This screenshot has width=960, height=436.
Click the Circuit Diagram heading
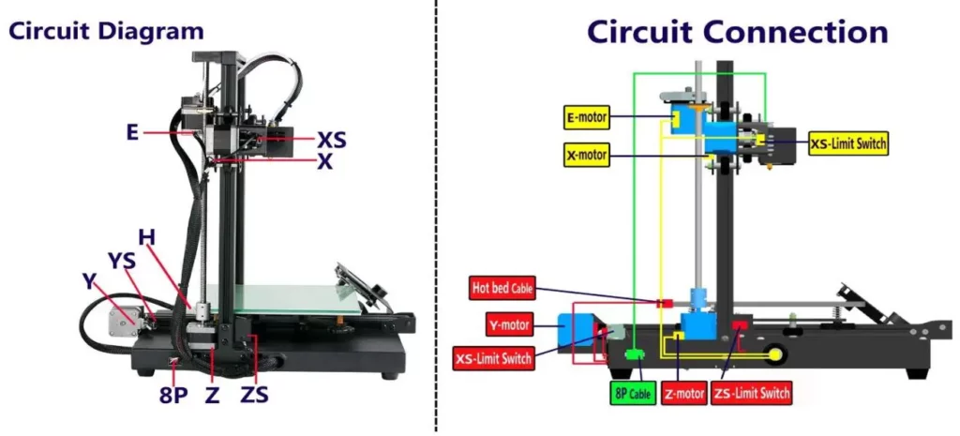pos(106,30)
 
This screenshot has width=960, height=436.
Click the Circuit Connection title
pos(737,31)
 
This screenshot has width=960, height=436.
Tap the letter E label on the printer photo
pos(132,132)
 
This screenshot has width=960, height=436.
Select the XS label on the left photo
pos(331,140)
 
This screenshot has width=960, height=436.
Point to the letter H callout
pos(146,234)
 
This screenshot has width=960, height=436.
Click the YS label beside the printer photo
pos(122,258)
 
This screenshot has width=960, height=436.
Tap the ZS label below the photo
pos(254,394)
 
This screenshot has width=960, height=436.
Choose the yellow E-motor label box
pos(586,118)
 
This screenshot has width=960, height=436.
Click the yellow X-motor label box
pos(586,154)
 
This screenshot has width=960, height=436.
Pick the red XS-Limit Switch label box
pos(493,358)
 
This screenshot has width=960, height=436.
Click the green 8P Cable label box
pos(633,394)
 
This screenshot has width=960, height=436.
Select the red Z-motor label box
pos(683,393)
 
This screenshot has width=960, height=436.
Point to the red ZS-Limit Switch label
pos(751,393)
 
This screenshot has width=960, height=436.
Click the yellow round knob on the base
pos(776,353)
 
